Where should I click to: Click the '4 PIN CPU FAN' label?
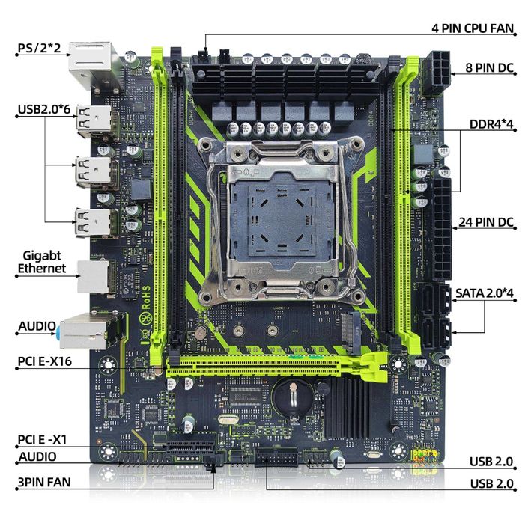473,30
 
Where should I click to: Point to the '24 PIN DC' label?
484,221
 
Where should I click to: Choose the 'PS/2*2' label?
41,49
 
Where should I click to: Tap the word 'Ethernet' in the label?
41,268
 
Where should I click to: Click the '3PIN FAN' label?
43,481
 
